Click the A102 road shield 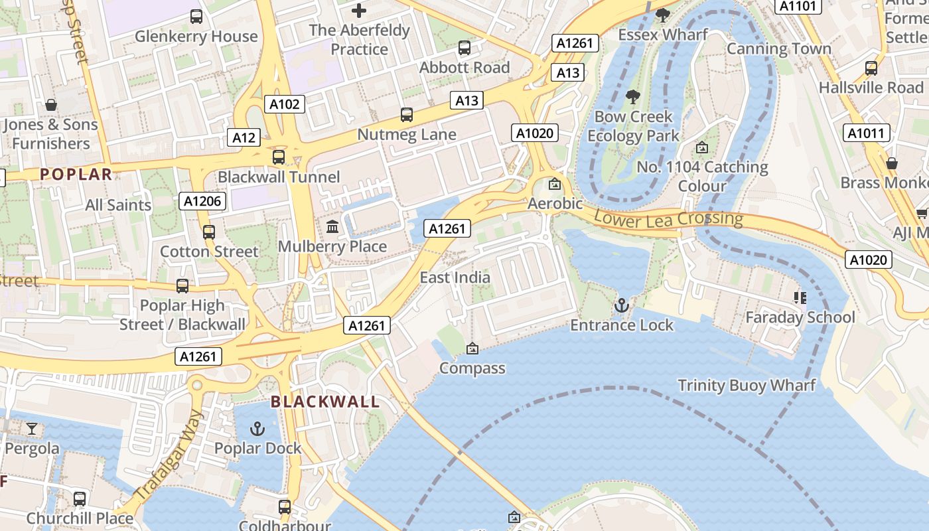(x=285, y=104)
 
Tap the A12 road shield (x=244, y=137)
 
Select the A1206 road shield (x=202, y=200)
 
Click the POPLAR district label (x=76, y=175)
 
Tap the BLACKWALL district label (x=325, y=402)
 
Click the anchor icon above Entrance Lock (x=621, y=305)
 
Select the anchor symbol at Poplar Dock (x=257, y=429)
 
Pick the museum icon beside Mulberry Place (x=332, y=227)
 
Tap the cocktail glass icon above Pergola (x=32, y=429)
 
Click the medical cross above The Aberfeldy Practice (x=359, y=11)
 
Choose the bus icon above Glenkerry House (x=196, y=17)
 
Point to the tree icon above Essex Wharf (x=662, y=15)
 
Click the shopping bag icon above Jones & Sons (x=50, y=105)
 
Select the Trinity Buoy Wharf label (x=747, y=386)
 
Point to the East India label (x=455, y=277)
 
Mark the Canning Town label (x=779, y=48)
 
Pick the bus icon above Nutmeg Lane (x=407, y=115)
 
